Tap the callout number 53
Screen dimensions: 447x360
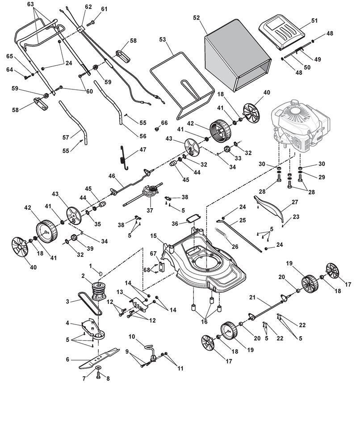point(163,40)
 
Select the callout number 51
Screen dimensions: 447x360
point(314,21)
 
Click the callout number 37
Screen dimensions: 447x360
point(150,211)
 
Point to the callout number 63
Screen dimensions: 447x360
point(31,4)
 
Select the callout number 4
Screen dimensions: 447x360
point(67,323)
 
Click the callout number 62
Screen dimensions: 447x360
point(88,7)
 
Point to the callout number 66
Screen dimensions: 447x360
point(164,122)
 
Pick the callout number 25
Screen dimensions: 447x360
point(242,220)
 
